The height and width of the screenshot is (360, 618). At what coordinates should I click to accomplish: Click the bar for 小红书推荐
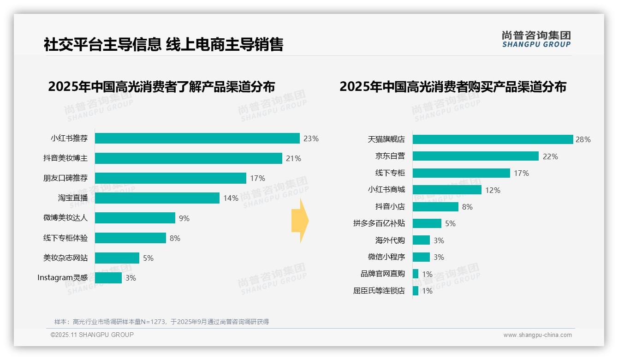click(x=197, y=138)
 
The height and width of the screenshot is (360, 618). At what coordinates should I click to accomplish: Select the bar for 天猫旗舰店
click(x=493, y=139)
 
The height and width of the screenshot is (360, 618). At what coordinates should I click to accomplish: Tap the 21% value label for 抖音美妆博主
click(x=293, y=158)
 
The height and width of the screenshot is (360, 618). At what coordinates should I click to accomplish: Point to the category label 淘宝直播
click(x=72, y=198)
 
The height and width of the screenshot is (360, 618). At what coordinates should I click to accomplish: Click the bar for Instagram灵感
click(x=108, y=278)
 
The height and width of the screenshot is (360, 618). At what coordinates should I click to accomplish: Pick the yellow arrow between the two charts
click(x=300, y=221)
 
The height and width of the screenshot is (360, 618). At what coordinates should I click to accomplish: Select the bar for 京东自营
click(x=475, y=156)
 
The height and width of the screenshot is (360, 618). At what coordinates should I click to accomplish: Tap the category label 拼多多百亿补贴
click(x=379, y=223)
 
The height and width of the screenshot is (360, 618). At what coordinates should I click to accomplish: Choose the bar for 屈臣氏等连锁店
click(x=416, y=291)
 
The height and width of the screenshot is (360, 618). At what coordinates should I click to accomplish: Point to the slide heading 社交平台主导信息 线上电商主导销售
click(x=163, y=44)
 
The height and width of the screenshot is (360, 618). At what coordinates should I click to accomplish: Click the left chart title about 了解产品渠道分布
click(x=161, y=87)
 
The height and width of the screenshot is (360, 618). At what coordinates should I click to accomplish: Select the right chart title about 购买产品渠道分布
click(x=453, y=87)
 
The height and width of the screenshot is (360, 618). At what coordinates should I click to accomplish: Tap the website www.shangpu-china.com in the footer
click(x=537, y=335)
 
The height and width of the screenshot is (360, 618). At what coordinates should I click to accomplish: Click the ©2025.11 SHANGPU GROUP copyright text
click(x=92, y=335)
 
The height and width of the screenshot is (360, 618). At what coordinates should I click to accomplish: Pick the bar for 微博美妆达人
click(x=135, y=218)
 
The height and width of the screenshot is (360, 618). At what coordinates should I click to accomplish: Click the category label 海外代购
click(x=390, y=240)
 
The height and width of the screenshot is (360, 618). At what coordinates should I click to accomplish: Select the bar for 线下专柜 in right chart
click(x=461, y=173)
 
